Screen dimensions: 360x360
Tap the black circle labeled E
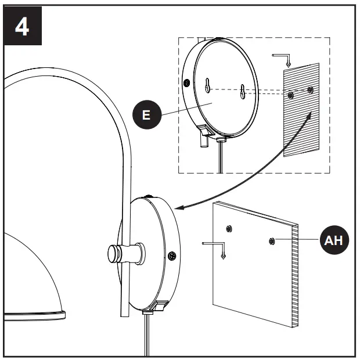tap(146, 114)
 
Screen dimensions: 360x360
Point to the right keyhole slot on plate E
tap(244, 91)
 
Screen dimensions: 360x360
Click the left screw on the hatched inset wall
tap(290, 93)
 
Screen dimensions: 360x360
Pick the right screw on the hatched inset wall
tap(311, 90)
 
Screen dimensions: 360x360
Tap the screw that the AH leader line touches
tap(272, 240)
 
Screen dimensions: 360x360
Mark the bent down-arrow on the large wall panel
tap(215, 246)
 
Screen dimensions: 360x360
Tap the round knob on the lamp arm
tap(113, 254)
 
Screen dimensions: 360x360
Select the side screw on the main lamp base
tap(171, 255)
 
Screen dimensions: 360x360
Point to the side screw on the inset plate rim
tap(186, 82)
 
